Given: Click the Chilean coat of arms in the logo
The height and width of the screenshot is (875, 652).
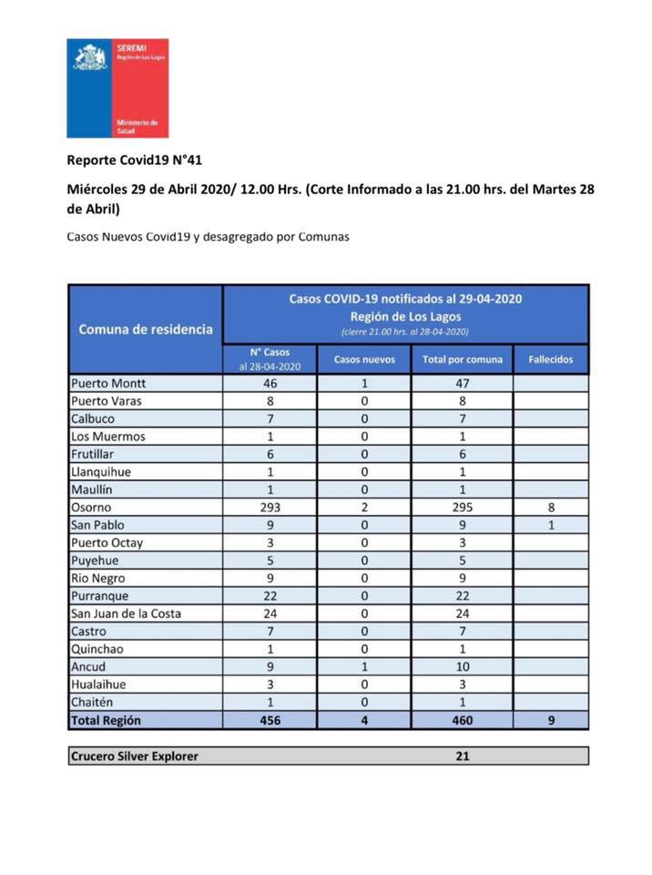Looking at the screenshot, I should (x=90, y=57).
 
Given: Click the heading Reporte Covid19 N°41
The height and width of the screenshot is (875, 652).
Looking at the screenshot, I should (x=134, y=160).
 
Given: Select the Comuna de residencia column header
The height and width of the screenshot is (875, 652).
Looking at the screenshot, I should (x=146, y=329).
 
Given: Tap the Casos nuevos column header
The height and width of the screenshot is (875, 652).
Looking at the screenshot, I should (x=364, y=359).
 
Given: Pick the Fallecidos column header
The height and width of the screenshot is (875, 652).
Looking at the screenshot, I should (x=551, y=359).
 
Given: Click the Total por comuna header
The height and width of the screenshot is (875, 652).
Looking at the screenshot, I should (x=462, y=359).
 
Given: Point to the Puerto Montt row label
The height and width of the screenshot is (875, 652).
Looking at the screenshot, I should (x=108, y=384).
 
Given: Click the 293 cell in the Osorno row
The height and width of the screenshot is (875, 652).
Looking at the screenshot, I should (x=270, y=508).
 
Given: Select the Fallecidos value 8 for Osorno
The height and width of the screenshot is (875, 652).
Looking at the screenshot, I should (x=551, y=508).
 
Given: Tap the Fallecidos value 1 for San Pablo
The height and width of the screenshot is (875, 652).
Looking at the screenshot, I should (x=551, y=525).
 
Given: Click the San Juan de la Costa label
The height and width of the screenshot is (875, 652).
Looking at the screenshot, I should (x=126, y=613).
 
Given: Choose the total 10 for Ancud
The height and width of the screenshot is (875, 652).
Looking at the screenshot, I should (x=462, y=666).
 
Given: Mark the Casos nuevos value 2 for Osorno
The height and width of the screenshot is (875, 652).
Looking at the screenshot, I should (x=364, y=508).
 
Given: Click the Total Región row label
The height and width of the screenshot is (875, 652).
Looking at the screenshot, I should (x=106, y=720).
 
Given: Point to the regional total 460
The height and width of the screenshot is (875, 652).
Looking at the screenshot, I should (x=462, y=720).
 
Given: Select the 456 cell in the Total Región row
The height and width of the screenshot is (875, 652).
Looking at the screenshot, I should (x=270, y=720).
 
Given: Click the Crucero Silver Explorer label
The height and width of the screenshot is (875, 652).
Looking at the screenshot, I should (x=134, y=756).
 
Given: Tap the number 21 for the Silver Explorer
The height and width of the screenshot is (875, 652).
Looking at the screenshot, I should (x=462, y=756).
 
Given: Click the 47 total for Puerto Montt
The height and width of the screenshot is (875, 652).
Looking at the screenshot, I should (x=462, y=384).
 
